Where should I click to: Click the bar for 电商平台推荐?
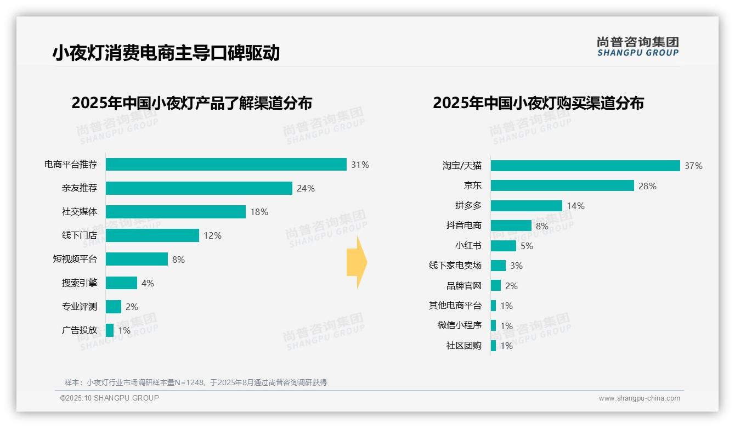click(226, 165)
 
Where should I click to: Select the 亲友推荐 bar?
click(199, 188)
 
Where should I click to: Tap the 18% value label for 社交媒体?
click(259, 212)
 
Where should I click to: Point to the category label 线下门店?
click(79, 235)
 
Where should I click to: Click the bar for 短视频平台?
click(137, 259)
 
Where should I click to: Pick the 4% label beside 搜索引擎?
click(148, 283)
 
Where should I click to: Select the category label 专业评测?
click(79, 307)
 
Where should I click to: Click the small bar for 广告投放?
click(110, 330)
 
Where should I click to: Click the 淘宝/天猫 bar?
click(585, 166)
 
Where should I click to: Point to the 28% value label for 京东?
click(647, 186)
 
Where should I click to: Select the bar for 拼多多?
click(527, 206)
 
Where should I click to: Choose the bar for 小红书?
click(504, 246)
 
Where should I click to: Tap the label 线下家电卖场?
click(455, 266)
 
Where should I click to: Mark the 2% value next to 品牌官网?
click(511, 286)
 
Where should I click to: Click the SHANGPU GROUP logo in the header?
click(637, 47)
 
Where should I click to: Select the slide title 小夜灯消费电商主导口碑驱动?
click(166, 53)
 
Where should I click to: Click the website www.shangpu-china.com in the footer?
click(639, 398)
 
